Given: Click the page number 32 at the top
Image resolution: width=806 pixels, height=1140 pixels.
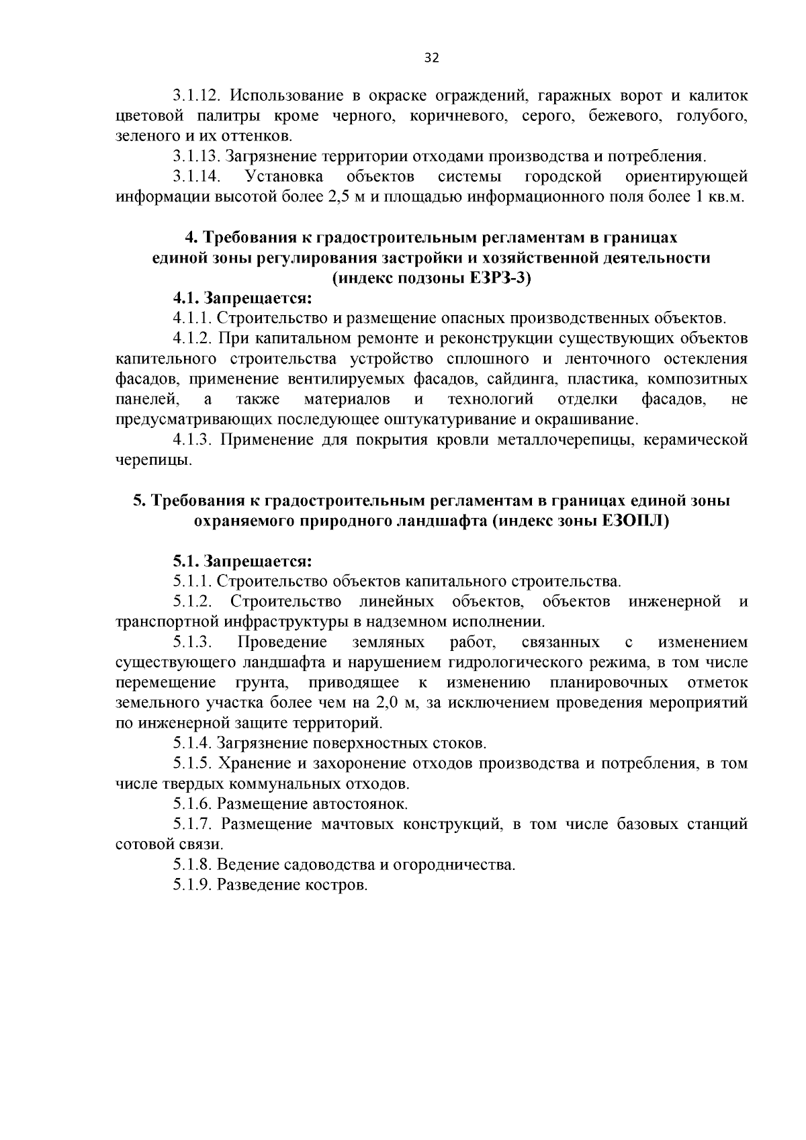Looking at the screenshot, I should [432, 58].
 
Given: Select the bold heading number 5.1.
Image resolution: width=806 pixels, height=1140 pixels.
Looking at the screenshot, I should [185, 561].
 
